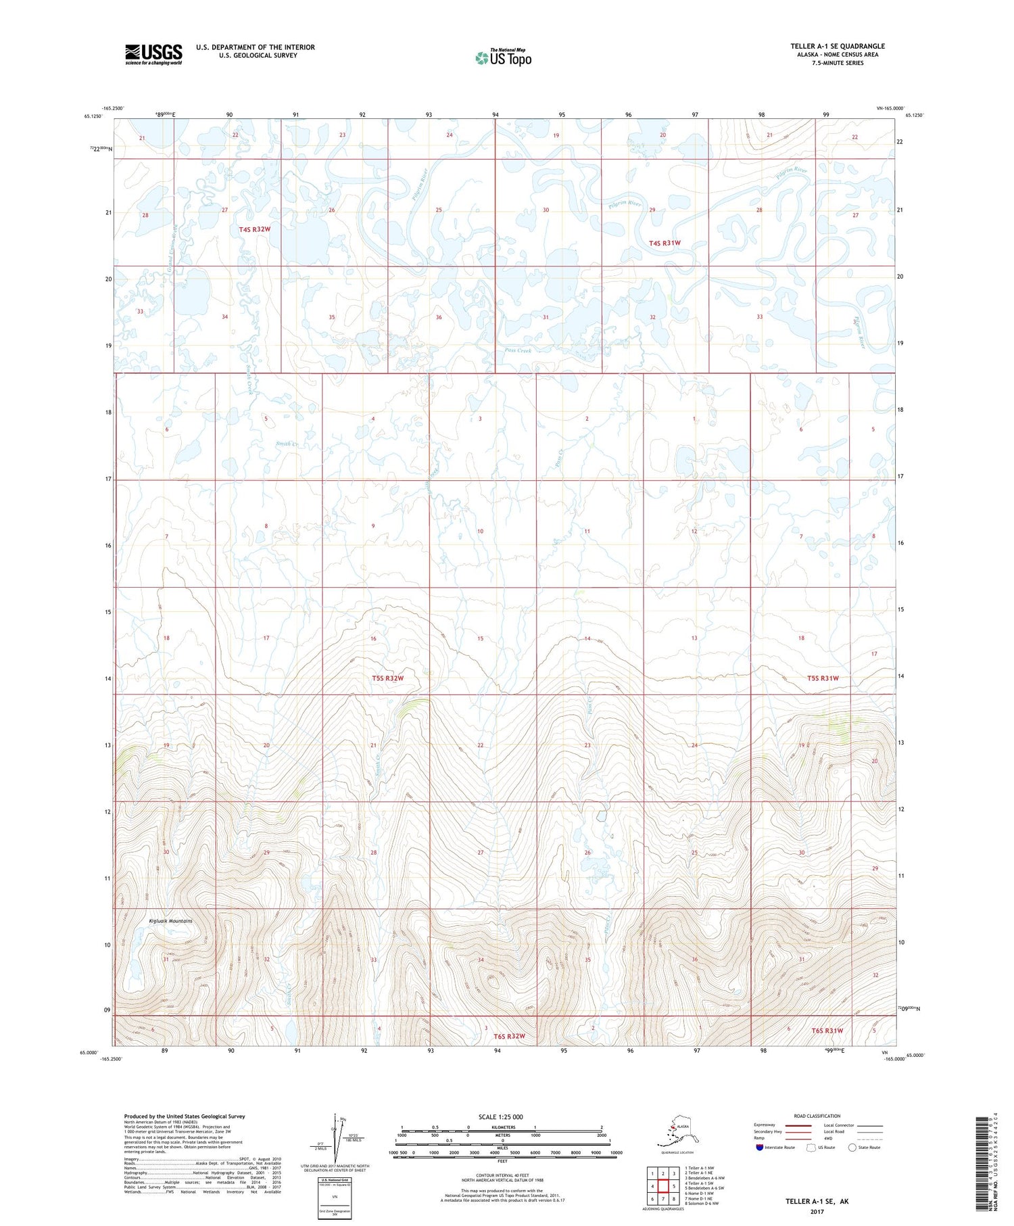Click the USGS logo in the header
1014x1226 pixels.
(x=153, y=54)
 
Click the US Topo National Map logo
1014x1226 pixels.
(x=503, y=57)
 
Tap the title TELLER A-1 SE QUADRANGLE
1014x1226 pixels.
(x=838, y=46)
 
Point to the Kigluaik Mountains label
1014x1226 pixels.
(x=170, y=921)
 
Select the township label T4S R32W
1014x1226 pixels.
(x=254, y=229)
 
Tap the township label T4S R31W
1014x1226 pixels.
(x=665, y=243)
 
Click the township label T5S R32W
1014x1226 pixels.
(x=387, y=678)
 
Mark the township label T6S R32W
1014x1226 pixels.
(x=509, y=1036)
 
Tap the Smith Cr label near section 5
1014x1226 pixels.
(x=286, y=444)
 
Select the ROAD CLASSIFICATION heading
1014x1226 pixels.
(x=817, y=1116)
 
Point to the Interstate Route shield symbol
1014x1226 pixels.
(x=760, y=1148)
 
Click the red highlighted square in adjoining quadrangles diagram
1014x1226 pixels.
(x=663, y=1186)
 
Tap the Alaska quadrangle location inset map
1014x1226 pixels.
(x=675, y=1131)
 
